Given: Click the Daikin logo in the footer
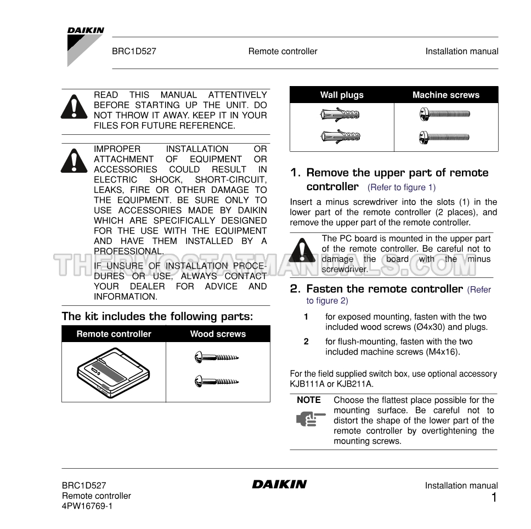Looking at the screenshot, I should click(279, 484).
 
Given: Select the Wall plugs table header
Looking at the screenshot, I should click(342, 95).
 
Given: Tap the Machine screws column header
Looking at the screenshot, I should click(445, 95).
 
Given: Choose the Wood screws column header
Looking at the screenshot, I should click(218, 334).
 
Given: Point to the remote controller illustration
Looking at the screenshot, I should click(114, 373).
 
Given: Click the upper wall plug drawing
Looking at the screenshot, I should click(340, 115).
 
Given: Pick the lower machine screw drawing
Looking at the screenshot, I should click(444, 136).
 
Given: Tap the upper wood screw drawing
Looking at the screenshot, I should click(217, 358).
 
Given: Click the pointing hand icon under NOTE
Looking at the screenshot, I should click(307, 419).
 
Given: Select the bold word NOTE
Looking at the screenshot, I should click(308, 400).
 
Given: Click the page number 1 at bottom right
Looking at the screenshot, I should click(494, 498).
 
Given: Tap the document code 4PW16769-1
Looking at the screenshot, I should click(87, 506).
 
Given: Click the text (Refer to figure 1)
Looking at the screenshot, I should click(402, 187).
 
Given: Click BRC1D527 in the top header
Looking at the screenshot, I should click(134, 52).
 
